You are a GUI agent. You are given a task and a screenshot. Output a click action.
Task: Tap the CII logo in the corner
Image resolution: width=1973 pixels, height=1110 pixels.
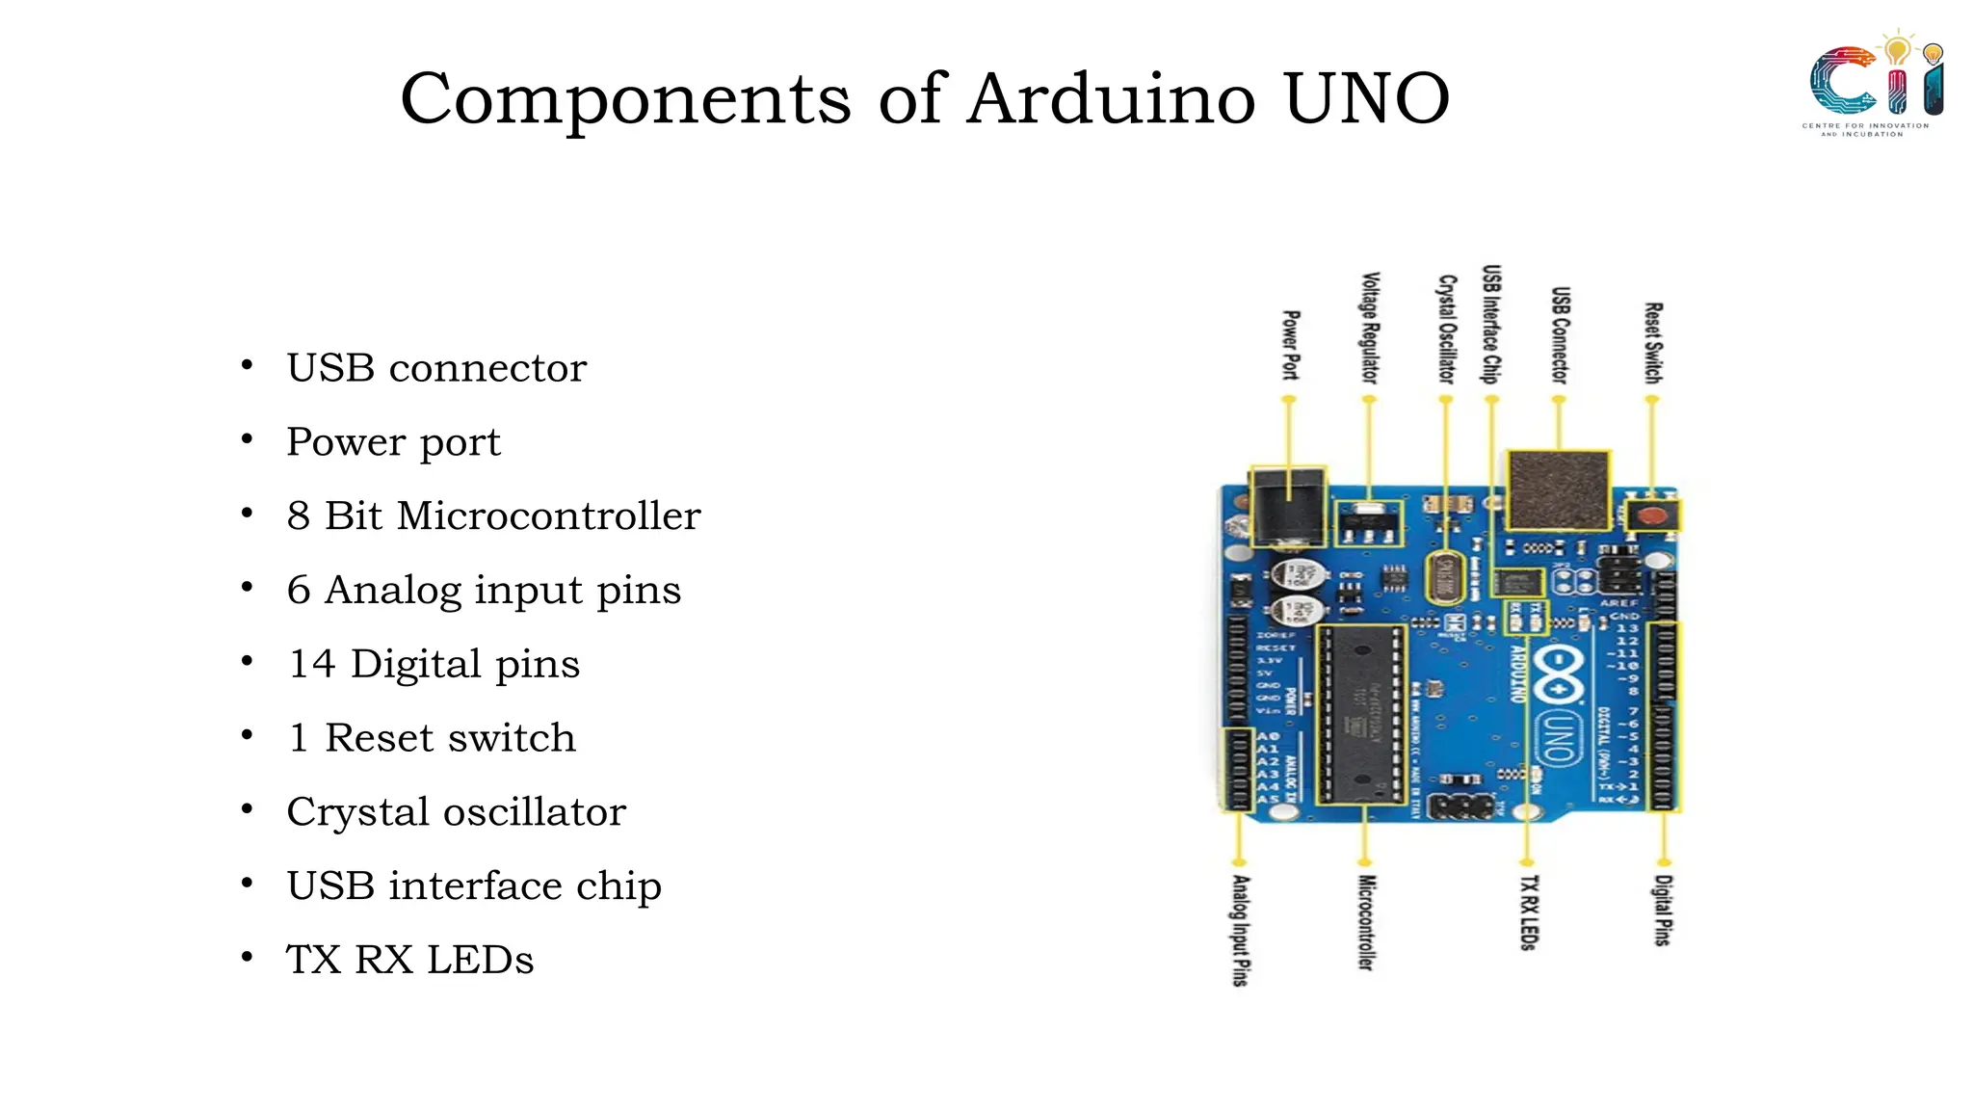coord(1874,85)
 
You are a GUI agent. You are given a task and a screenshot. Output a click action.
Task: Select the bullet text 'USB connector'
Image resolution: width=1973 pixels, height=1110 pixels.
coord(436,368)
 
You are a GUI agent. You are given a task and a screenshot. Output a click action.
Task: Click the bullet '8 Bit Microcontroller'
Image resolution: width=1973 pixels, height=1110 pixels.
coord(493,516)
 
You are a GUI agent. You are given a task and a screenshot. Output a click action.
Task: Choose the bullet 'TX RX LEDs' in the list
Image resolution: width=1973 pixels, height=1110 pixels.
coord(409,960)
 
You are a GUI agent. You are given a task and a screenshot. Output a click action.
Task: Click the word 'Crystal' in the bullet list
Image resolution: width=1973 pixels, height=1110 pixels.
coord(357,812)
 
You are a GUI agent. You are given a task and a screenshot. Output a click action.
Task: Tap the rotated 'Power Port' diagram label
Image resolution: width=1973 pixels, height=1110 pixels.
coord(1290,345)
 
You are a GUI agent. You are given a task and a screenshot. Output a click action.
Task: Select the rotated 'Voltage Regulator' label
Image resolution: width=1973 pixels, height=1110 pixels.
coord(1369,328)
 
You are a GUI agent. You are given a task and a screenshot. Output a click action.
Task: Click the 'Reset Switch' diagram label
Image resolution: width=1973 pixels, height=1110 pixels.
coord(1652,343)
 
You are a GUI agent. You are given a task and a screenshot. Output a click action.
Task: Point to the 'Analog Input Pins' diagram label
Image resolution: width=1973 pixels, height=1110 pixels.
coord(1241,930)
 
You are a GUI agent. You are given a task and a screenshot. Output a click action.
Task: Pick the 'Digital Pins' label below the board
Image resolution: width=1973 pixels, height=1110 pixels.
coord(1663,911)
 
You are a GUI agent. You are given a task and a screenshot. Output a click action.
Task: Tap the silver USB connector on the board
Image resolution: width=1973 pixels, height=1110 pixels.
coord(1558,489)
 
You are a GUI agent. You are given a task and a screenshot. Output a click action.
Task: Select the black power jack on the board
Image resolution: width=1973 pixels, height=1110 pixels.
coord(1287,506)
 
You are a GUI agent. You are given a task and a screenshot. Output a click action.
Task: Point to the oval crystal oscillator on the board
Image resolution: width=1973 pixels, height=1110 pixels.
coord(1443,577)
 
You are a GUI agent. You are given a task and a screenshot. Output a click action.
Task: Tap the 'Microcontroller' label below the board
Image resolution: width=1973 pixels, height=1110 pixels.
coord(1365,922)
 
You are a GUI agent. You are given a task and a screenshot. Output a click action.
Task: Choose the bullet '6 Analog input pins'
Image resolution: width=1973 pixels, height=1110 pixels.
coord(484,590)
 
